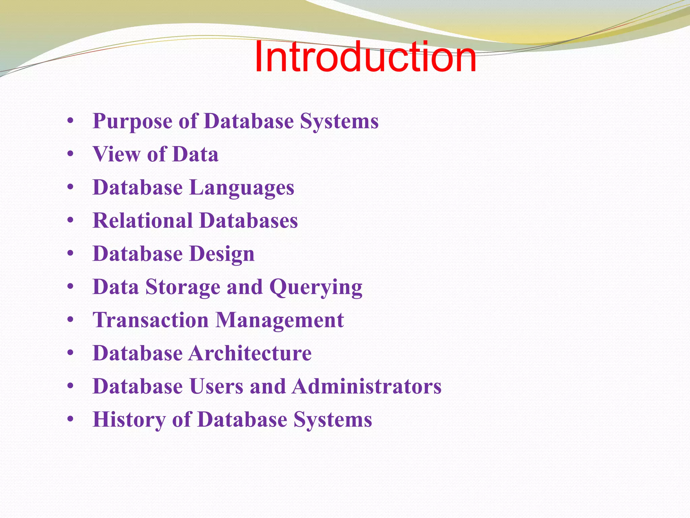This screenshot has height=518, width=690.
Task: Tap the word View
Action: point(117,154)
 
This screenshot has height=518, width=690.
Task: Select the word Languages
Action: point(242,188)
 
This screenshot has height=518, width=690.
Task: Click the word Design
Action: point(222,254)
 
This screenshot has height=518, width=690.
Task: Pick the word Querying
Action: point(316,287)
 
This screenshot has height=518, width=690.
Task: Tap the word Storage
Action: point(183,287)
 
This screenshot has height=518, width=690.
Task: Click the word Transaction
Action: point(151,320)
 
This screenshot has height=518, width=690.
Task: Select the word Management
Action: point(280,320)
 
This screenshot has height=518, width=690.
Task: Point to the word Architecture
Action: point(250,353)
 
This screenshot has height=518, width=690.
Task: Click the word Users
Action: point(216,386)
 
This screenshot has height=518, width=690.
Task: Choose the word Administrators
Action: point(367,386)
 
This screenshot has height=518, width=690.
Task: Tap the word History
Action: point(129,420)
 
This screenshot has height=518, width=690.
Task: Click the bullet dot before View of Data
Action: point(70,154)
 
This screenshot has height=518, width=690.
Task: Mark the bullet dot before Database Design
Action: point(70,254)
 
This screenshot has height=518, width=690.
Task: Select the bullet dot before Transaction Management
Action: point(70,320)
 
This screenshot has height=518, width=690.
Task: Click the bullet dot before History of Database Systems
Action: point(70,419)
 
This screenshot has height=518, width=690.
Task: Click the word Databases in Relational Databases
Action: point(249,221)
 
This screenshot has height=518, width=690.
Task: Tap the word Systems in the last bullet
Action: point(333,420)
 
